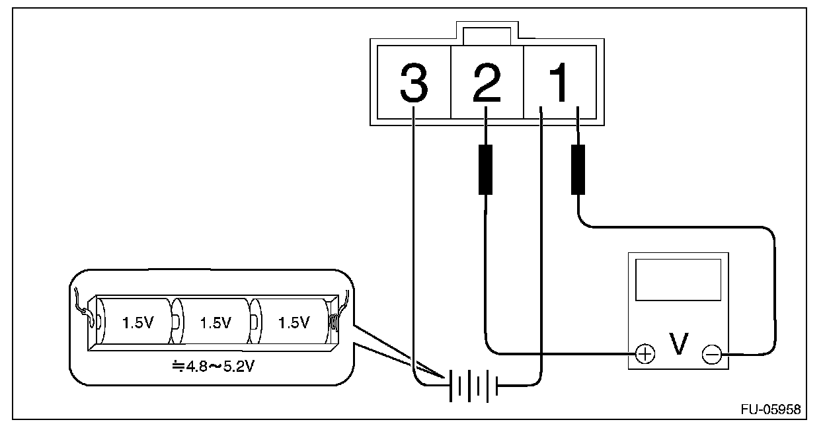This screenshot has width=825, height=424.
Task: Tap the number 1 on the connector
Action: coord(559,81)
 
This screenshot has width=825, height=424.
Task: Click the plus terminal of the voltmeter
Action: coord(645,355)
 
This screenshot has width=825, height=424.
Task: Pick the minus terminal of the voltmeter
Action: coord(711,355)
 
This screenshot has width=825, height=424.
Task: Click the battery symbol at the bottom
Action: coord(472,384)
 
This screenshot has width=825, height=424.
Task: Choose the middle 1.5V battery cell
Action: coord(215,322)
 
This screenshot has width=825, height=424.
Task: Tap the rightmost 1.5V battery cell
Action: coord(293,322)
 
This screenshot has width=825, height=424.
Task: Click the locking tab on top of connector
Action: coord(487,34)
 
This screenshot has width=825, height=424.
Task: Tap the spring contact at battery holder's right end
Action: coord(334,322)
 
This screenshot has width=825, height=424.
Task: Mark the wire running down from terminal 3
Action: coord(413,251)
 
